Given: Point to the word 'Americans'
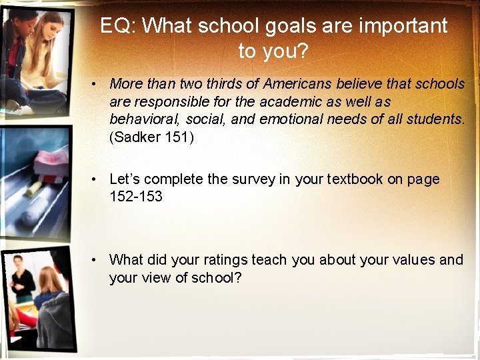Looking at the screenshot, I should point(295,84).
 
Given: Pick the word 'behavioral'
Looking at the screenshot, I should point(145,120).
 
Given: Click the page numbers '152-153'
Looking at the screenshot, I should point(136,197).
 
